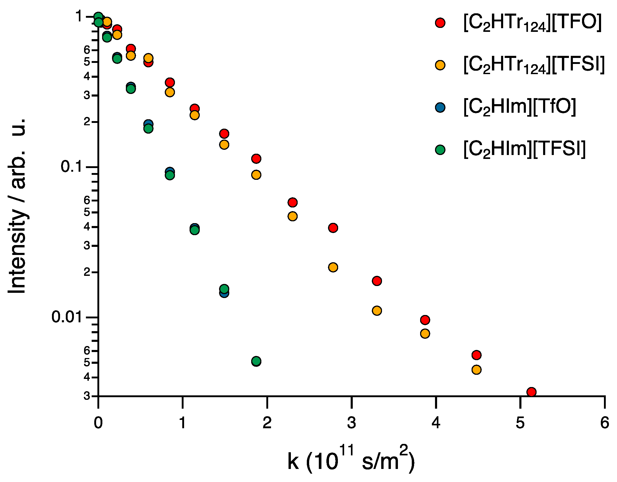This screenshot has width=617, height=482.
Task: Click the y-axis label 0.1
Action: pos(71,167)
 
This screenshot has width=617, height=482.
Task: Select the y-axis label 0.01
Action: pos(67,317)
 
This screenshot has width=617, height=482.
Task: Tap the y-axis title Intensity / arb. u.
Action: pos(17,206)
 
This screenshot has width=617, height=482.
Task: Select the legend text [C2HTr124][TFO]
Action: pos(532,23)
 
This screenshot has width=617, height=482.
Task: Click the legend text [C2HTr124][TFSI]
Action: pos(534,65)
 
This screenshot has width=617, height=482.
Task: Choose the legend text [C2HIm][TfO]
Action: pos(520,107)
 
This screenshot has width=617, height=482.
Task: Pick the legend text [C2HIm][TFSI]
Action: pos(524,149)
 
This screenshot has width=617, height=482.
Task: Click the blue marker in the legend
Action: pos(440,107)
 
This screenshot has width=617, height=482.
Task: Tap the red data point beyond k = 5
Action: pos(531,392)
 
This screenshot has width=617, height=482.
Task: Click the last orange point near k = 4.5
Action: pos(477,370)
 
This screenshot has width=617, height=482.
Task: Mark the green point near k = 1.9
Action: pos(256,361)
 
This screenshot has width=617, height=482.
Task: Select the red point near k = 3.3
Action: pos(377,281)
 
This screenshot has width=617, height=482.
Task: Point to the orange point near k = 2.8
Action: pos(333,267)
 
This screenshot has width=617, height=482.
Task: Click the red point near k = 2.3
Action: pos(293,203)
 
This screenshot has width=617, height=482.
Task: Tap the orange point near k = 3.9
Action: pos(425,334)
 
